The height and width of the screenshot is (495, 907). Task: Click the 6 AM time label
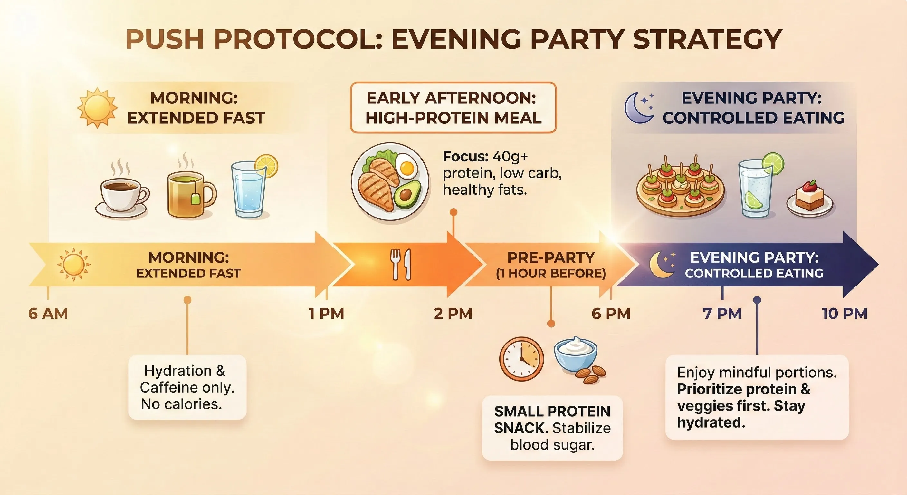[48, 314]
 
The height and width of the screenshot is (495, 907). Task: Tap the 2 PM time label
[453, 314]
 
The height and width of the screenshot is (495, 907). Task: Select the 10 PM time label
[845, 314]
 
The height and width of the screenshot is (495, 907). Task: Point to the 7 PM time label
[722, 314]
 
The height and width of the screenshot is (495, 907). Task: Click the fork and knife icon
[401, 265]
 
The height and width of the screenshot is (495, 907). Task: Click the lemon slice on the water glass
[267, 166]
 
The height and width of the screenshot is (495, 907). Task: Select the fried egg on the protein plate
[407, 166]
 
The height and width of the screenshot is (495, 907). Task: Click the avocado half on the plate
[407, 193]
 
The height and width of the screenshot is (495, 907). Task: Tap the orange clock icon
[521, 359]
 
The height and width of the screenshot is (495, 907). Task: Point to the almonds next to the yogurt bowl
[592, 375]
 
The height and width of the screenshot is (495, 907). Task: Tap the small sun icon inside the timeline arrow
[73, 265]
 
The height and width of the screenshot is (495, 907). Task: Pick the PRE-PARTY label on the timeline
[551, 257]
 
